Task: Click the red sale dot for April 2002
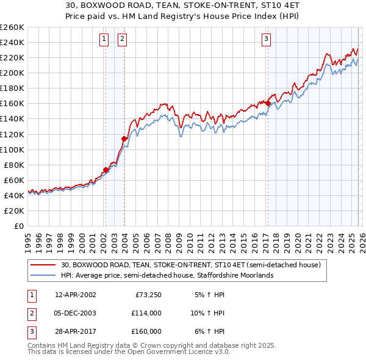coord(106,170)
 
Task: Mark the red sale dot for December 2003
coord(124,139)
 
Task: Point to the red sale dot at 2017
coord(268,103)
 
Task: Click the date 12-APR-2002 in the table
coord(75,295)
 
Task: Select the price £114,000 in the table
coord(146,313)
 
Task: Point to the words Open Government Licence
coord(184,352)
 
